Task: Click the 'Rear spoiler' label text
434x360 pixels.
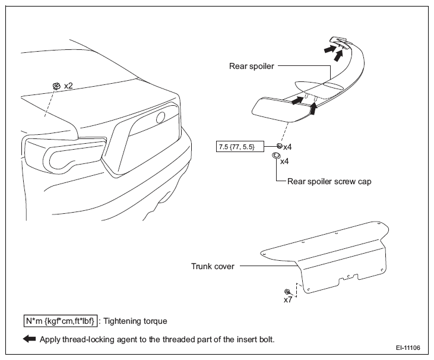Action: (251, 66)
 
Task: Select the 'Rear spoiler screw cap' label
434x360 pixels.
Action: (330, 181)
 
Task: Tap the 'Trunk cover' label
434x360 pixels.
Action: (213, 266)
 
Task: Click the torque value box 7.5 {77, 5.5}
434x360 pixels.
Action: (240, 147)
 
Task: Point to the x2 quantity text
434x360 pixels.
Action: (68, 86)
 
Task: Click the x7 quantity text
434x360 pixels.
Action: (288, 300)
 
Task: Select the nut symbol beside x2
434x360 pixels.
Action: (57, 86)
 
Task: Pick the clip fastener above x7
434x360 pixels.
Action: (287, 292)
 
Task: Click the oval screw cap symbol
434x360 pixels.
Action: (275, 156)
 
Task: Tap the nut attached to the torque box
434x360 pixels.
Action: (280, 146)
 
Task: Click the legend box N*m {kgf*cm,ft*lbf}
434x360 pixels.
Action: (61, 321)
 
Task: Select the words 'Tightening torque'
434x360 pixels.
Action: (135, 321)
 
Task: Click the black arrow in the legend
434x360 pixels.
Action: (29, 339)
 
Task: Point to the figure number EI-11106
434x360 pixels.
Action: (408, 348)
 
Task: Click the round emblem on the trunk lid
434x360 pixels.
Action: (161, 118)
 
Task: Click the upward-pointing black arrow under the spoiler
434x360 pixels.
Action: (313, 108)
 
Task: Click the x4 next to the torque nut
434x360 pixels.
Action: (287, 147)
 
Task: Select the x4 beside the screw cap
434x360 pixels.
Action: (284, 162)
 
